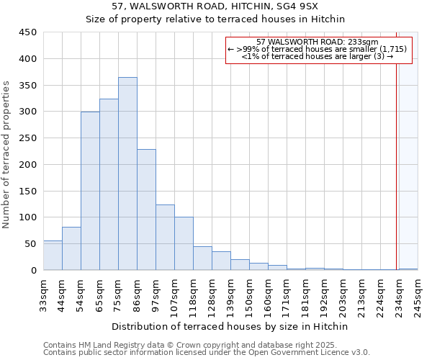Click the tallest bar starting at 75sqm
127,174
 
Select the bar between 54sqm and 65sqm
90,191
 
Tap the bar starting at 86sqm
146,210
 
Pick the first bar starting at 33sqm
53,256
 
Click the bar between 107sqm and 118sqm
184,243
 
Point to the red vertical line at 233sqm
396,158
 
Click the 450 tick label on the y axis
28,32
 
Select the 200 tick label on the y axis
28,165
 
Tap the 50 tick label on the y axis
31,244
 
